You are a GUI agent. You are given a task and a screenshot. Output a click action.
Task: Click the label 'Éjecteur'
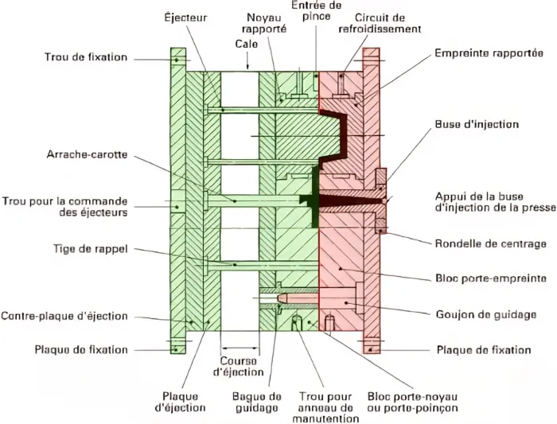[185, 17]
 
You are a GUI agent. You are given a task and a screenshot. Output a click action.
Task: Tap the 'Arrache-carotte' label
[87, 155]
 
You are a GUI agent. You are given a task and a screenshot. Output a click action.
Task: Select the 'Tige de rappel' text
[90, 248]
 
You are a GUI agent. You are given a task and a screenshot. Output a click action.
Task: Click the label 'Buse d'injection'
[477, 125]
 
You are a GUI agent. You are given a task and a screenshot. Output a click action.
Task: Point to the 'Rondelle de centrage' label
[491, 244]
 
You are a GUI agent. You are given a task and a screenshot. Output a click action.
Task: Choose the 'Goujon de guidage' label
[486, 315]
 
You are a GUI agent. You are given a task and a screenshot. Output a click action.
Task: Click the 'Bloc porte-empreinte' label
[491, 278]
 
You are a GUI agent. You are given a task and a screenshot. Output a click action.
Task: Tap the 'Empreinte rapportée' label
[489, 53]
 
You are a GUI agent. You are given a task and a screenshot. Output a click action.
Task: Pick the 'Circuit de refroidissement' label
[380, 23]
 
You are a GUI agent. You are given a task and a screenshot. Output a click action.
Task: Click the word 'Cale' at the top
[247, 44]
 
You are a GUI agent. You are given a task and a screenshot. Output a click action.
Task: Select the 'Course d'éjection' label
[239, 367]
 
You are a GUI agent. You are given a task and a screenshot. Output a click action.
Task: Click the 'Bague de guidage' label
[257, 402]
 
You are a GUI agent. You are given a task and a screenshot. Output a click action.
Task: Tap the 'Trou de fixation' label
[86, 57]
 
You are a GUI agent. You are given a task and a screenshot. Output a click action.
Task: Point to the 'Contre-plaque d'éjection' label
[64, 316]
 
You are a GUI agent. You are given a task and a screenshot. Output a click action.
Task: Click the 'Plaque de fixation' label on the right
[484, 350]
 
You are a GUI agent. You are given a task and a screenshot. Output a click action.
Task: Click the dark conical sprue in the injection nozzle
[352, 201]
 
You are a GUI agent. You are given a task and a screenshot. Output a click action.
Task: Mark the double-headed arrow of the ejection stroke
[240, 348]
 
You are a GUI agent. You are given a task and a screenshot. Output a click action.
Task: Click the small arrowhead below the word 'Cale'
[248, 66]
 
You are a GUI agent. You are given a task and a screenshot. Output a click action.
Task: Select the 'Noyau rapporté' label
[263, 23]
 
